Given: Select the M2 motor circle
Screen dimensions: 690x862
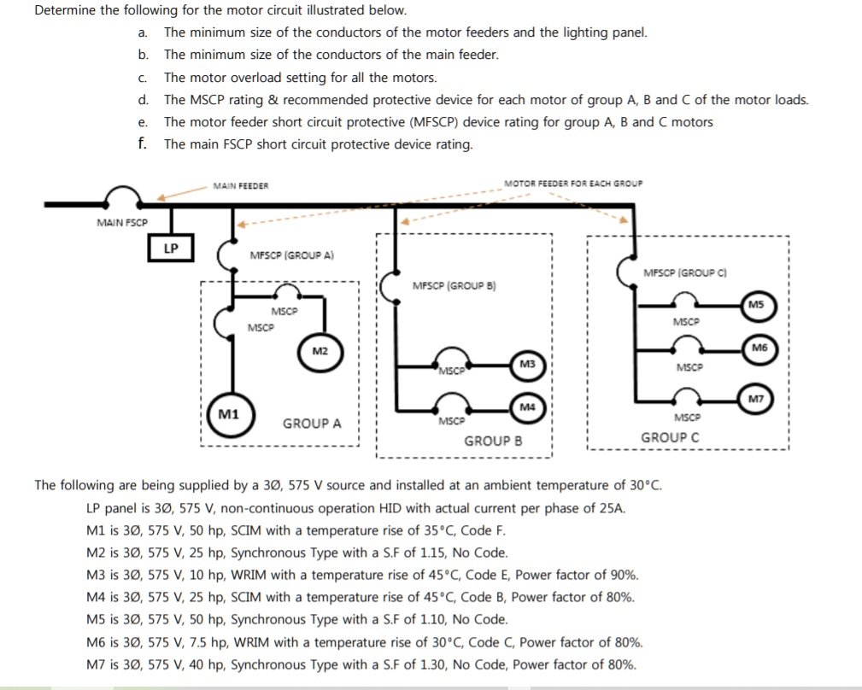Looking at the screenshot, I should tap(320, 351).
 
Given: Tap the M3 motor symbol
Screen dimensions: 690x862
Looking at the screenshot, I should tap(527, 365).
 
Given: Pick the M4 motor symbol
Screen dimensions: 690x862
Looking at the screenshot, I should tap(527, 406).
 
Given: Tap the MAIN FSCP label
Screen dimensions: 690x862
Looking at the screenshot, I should tap(122, 222).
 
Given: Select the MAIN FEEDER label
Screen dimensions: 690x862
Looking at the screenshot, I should tap(241, 185).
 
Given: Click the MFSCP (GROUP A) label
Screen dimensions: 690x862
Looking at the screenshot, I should tap(291, 254).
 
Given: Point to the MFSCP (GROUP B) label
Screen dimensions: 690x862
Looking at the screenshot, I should tap(454, 286).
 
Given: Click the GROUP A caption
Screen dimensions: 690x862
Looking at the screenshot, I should tap(312, 424).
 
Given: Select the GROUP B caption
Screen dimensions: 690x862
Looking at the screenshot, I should tap(493, 441).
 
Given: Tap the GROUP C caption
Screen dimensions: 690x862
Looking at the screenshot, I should tap(671, 437).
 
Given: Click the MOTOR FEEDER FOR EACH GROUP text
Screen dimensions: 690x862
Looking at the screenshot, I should tap(573, 183).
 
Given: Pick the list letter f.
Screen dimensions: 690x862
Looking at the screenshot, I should tap(143, 143).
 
